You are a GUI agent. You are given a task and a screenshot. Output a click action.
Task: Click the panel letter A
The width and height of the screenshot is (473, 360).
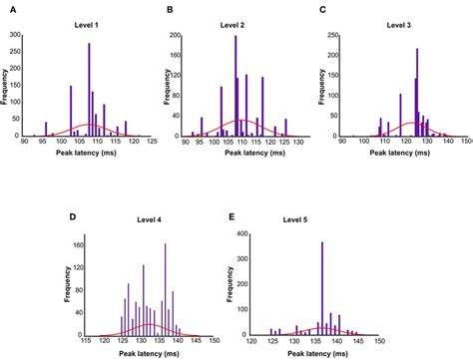(6, 9)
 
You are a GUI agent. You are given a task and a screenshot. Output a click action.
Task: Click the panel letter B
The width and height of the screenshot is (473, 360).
(170, 9)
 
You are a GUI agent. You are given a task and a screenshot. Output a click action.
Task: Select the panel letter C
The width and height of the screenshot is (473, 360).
(321, 9)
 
